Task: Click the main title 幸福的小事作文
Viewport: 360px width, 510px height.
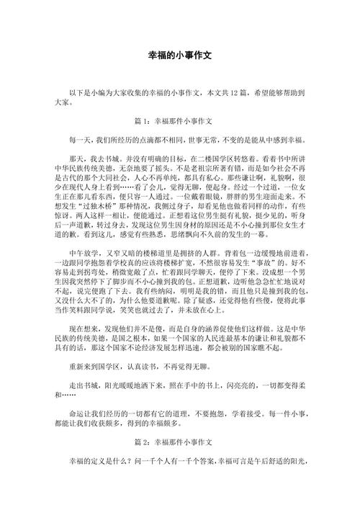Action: pyautogui.click(x=180, y=55)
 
